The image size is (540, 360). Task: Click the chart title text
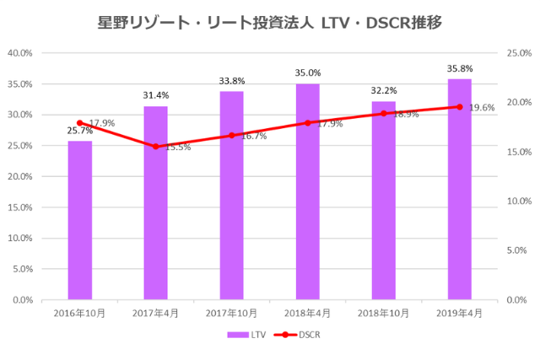pos(269,19)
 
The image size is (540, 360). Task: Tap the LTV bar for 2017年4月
pos(155,202)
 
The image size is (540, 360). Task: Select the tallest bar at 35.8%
pos(459,189)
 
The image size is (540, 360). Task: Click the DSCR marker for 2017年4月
pos(155,147)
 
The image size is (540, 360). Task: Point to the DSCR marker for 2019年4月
pos(459,106)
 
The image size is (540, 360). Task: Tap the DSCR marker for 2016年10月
pos(80,123)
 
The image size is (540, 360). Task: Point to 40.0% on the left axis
pos(19,53)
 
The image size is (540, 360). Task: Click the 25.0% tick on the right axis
pos(517,53)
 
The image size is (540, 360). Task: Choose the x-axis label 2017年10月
pos(231,313)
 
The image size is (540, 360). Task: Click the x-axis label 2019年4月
pos(459,313)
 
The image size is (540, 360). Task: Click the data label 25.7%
pos(80,131)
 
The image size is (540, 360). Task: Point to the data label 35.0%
pos(307,73)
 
